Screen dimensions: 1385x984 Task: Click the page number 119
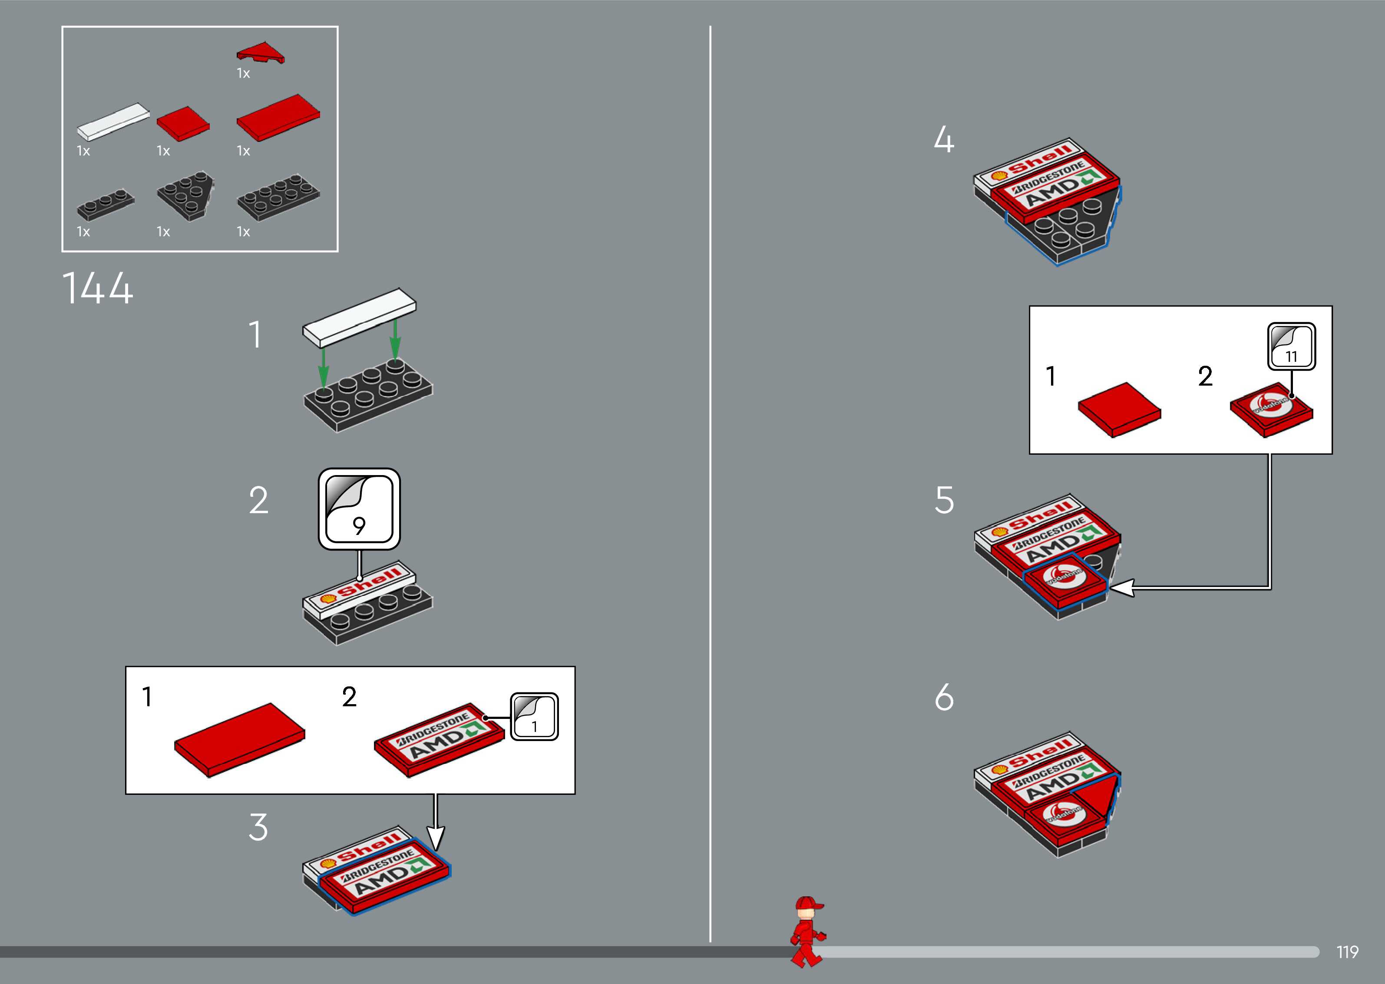1347,952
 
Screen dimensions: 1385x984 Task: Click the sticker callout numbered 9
359,509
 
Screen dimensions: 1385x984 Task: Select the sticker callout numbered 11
1291,347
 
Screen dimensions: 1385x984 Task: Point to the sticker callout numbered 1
534,717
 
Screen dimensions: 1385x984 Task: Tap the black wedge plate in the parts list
185,194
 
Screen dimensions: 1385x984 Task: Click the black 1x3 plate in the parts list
106,203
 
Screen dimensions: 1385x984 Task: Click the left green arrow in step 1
324,367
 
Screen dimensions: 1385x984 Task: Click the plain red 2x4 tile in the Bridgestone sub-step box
240,739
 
